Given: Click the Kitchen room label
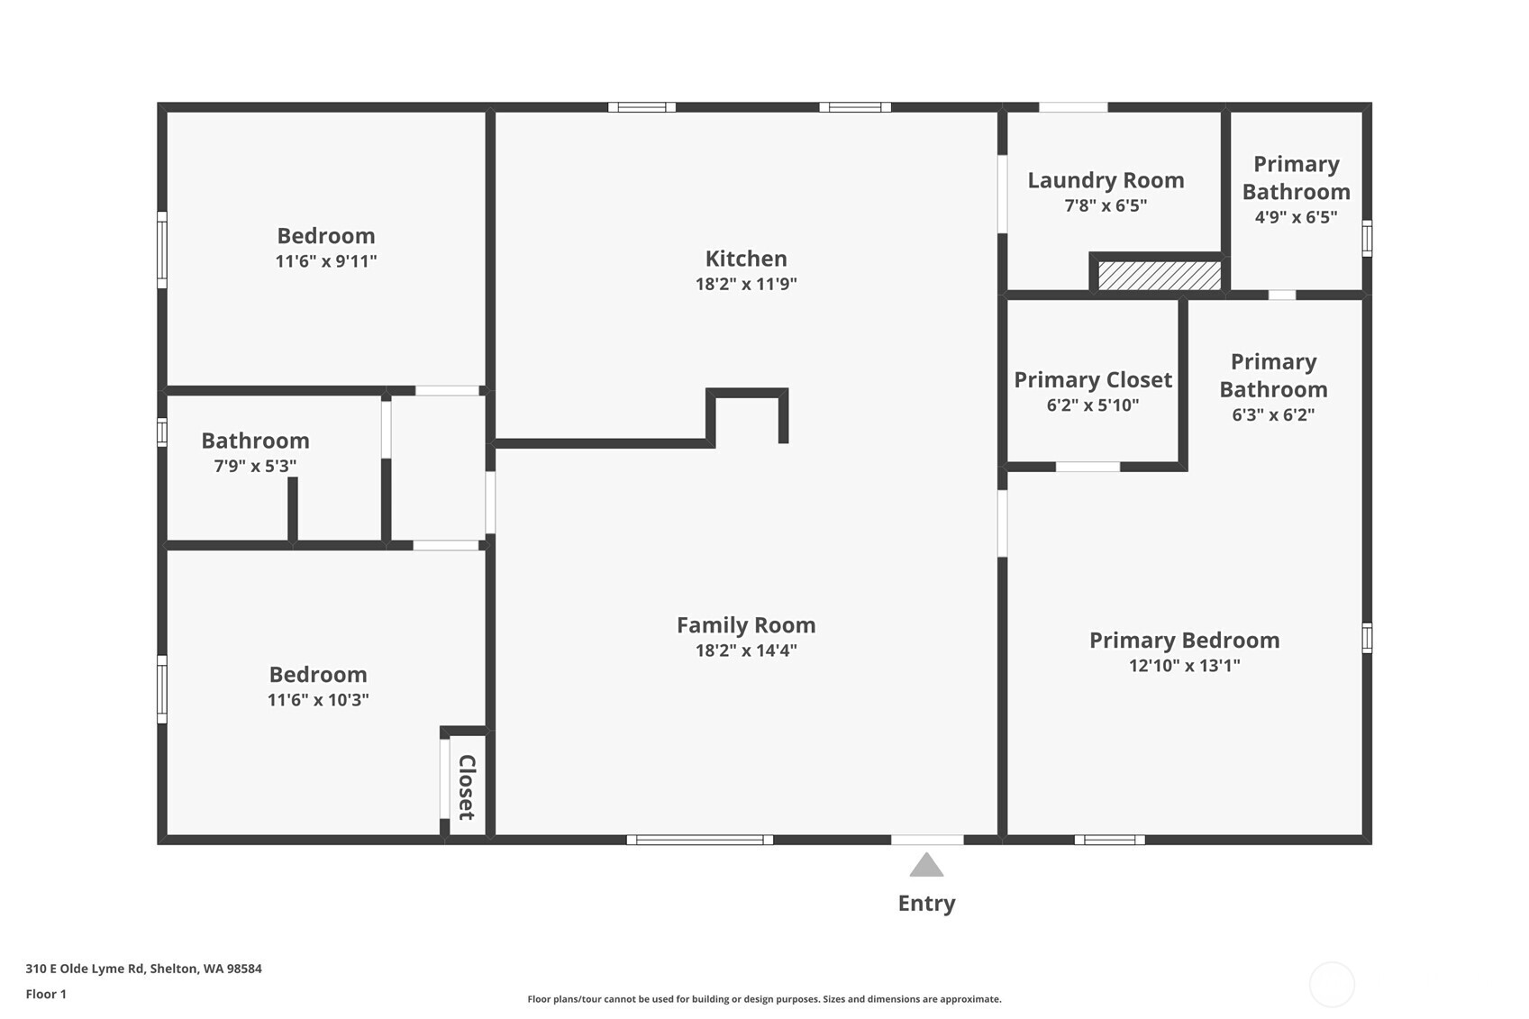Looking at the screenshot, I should (x=746, y=259).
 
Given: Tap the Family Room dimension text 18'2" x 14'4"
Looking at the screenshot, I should (x=746, y=651).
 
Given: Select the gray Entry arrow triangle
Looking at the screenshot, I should (x=926, y=867).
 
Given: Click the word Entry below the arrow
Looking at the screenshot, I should (x=926, y=904).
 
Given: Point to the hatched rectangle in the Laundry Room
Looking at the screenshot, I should (x=1159, y=276).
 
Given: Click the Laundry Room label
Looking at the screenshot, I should (x=1106, y=180).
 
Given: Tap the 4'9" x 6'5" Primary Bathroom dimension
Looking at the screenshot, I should (x=1296, y=217).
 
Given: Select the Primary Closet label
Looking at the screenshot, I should (x=1093, y=380).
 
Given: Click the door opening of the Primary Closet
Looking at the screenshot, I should (x=1088, y=467).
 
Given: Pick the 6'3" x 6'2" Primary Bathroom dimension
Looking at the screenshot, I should (x=1273, y=415).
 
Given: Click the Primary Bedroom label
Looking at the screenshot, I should (x=1184, y=641).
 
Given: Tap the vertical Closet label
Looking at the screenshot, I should (x=467, y=787).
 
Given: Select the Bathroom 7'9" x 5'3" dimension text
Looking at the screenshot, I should (x=255, y=467).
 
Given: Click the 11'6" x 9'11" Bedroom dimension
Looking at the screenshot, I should (x=325, y=261).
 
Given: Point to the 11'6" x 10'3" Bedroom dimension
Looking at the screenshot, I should (x=318, y=700).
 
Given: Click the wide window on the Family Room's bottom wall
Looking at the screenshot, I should (x=699, y=840).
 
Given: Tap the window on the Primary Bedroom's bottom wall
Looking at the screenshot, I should (x=1109, y=840).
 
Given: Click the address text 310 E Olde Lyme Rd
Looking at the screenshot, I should (x=143, y=969).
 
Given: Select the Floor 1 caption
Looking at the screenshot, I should (x=46, y=994).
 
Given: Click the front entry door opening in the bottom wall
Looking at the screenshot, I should (x=927, y=840).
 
